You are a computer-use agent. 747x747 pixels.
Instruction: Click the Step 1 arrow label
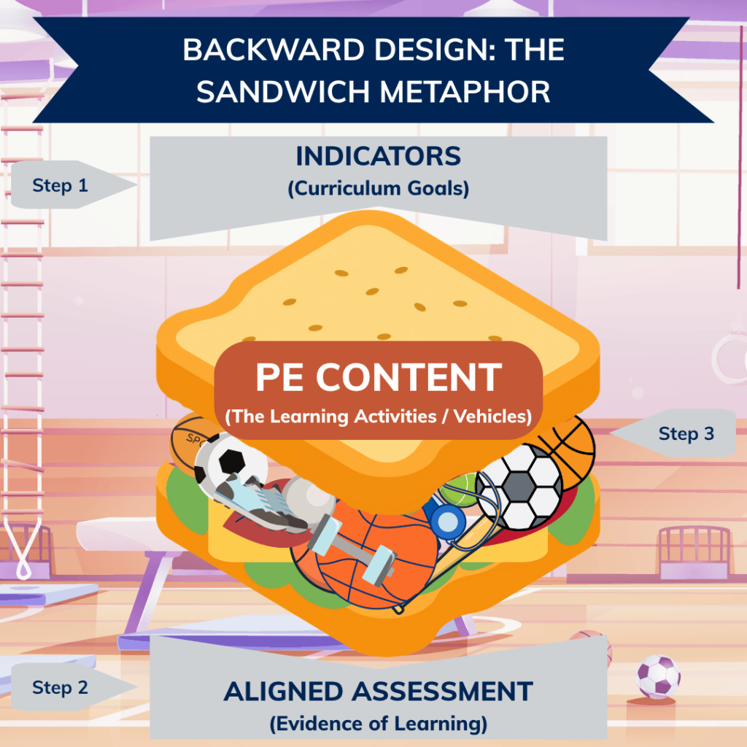71,185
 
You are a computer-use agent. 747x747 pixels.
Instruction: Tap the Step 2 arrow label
71,687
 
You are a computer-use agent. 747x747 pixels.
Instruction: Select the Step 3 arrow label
674,433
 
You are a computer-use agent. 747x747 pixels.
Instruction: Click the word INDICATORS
379,156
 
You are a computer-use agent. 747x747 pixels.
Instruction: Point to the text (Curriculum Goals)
379,188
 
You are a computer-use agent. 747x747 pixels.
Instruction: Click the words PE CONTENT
379,377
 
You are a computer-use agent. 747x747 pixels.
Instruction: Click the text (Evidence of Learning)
379,724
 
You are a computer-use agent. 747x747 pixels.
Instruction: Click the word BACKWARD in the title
274,50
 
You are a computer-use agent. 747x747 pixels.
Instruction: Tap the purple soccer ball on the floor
659,676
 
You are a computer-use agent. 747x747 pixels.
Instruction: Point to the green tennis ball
457,491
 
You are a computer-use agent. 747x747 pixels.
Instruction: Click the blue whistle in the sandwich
447,521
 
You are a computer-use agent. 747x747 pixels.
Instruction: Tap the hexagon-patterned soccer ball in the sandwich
519,487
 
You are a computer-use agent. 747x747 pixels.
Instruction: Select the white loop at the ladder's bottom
23,548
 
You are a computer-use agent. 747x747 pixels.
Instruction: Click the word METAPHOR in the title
465,91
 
